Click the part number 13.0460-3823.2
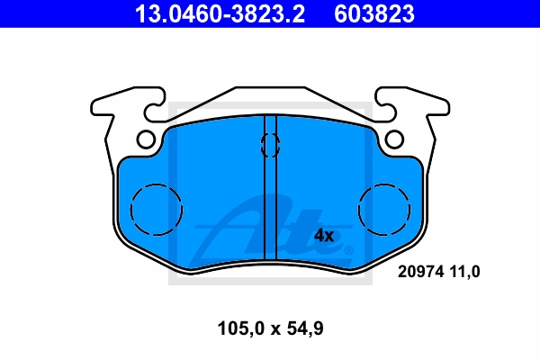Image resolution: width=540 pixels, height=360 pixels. (x=220, y=13)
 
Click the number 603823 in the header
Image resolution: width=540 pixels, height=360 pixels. (x=374, y=13)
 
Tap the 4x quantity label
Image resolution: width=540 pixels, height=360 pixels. (x=324, y=236)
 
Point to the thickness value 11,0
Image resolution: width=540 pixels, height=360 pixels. (x=464, y=272)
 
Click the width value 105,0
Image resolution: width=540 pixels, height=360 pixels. (x=240, y=328)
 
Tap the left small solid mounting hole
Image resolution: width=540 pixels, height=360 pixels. (x=146, y=139)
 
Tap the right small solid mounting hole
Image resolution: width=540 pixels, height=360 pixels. (x=394, y=139)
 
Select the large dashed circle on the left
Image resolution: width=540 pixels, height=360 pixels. (x=157, y=184)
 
